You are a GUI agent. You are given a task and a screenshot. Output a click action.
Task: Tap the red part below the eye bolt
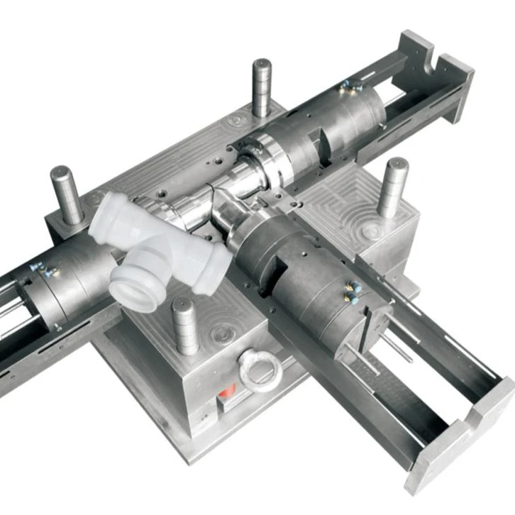[x=226, y=392]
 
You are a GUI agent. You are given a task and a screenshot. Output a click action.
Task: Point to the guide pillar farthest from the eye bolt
[x=262, y=87]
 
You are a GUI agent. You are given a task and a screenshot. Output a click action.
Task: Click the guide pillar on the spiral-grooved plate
[x=392, y=186]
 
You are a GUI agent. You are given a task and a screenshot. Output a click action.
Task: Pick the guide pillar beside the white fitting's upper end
[x=67, y=194]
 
